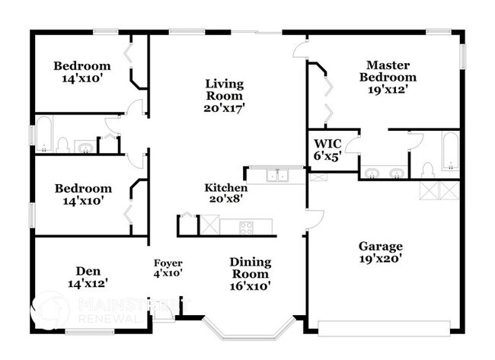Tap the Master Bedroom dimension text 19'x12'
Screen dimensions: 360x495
[391, 88]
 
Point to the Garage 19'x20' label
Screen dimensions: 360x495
[381, 252]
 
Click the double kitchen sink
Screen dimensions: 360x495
[276, 177]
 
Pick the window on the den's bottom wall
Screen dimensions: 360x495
[89, 331]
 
